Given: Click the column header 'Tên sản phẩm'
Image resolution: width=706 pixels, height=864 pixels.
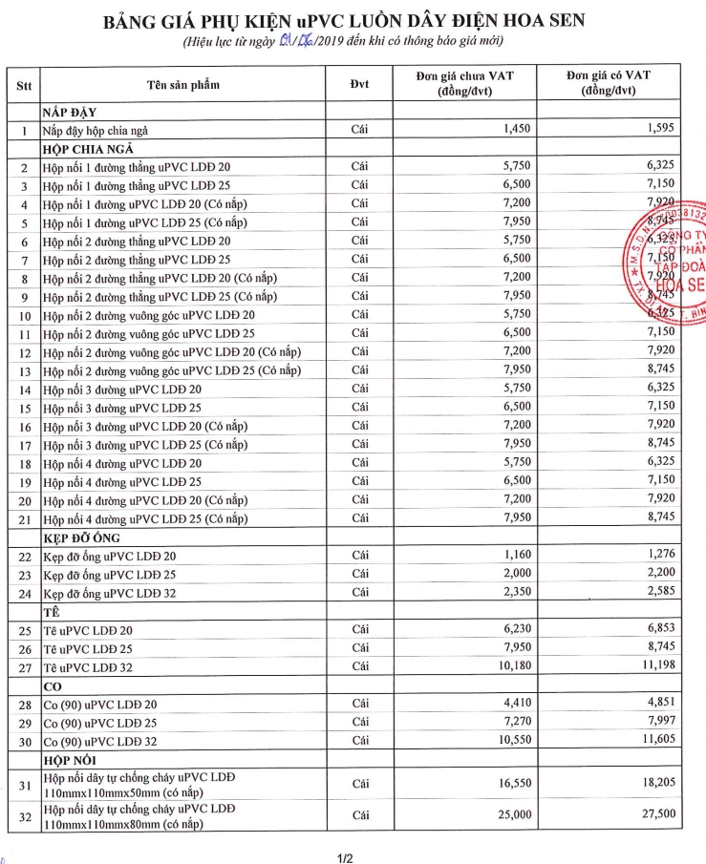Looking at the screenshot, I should pyautogui.click(x=183, y=84).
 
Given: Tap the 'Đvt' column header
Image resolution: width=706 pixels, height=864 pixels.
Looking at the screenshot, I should pyautogui.click(x=359, y=84).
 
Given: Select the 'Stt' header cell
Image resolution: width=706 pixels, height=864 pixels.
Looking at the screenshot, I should pyautogui.click(x=24, y=84).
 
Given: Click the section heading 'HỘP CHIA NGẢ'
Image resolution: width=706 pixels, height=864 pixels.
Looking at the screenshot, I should pyautogui.click(x=87, y=148).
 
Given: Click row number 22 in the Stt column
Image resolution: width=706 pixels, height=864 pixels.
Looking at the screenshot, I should pyautogui.click(x=24, y=556).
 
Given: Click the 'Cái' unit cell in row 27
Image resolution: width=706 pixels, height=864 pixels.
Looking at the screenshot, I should pyautogui.click(x=359, y=666).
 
